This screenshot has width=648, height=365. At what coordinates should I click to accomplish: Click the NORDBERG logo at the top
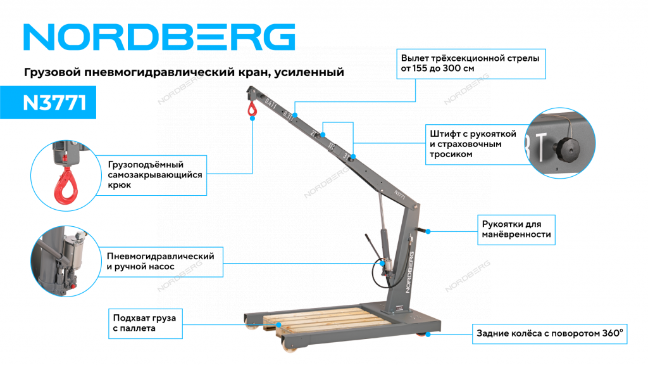pos(159,37)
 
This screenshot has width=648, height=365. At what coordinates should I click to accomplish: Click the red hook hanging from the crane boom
pos(252,109)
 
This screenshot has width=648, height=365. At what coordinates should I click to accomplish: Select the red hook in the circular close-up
pos(66,186)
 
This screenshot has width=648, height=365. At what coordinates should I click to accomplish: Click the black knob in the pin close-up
pos(566,147)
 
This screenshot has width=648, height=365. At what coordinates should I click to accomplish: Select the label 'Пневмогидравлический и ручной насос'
pos(161,262)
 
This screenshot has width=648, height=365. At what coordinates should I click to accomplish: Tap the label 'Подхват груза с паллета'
pos(145,323)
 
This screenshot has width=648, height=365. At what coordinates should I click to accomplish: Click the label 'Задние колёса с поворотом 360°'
pos(550,333)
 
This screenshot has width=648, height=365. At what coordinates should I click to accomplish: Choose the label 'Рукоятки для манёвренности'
pos(516,229)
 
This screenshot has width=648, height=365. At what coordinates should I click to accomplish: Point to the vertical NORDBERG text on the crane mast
pos(409,272)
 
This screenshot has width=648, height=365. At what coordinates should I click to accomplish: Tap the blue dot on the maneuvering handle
pos(428,231)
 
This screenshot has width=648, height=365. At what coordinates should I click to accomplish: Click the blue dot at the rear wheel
pos(428,334)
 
